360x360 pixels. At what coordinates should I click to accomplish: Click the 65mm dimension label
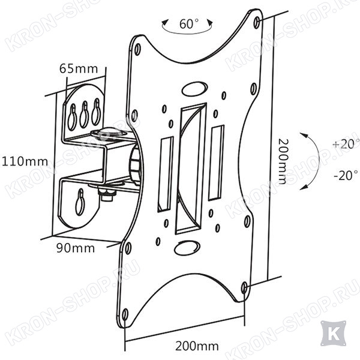(79, 68)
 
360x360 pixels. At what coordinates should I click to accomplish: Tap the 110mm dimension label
(25, 161)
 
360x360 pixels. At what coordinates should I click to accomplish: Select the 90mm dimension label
(76, 248)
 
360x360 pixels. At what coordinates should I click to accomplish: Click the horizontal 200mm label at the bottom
(197, 346)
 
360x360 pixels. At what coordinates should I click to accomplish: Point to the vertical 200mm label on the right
(283, 161)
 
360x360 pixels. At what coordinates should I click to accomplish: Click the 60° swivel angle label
(189, 24)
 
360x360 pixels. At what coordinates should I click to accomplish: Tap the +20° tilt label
(346, 145)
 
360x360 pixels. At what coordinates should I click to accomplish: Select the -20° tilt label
(346, 176)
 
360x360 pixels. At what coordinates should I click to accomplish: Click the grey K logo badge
(334, 333)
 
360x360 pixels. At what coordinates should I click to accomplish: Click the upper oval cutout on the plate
(194, 89)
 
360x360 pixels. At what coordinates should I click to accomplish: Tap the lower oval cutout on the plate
(187, 248)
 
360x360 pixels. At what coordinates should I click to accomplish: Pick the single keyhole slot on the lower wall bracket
(80, 202)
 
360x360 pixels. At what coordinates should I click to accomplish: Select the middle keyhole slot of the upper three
(84, 114)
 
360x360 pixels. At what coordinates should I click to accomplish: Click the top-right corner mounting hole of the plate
(257, 23)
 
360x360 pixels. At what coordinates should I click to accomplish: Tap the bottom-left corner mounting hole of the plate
(125, 314)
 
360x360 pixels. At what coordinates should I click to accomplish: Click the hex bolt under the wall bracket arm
(107, 194)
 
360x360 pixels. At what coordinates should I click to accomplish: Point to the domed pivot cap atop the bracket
(109, 133)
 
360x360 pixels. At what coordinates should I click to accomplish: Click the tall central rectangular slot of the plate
(191, 169)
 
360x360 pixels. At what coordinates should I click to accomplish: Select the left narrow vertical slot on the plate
(166, 174)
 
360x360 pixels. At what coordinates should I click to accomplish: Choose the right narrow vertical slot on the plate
(216, 163)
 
